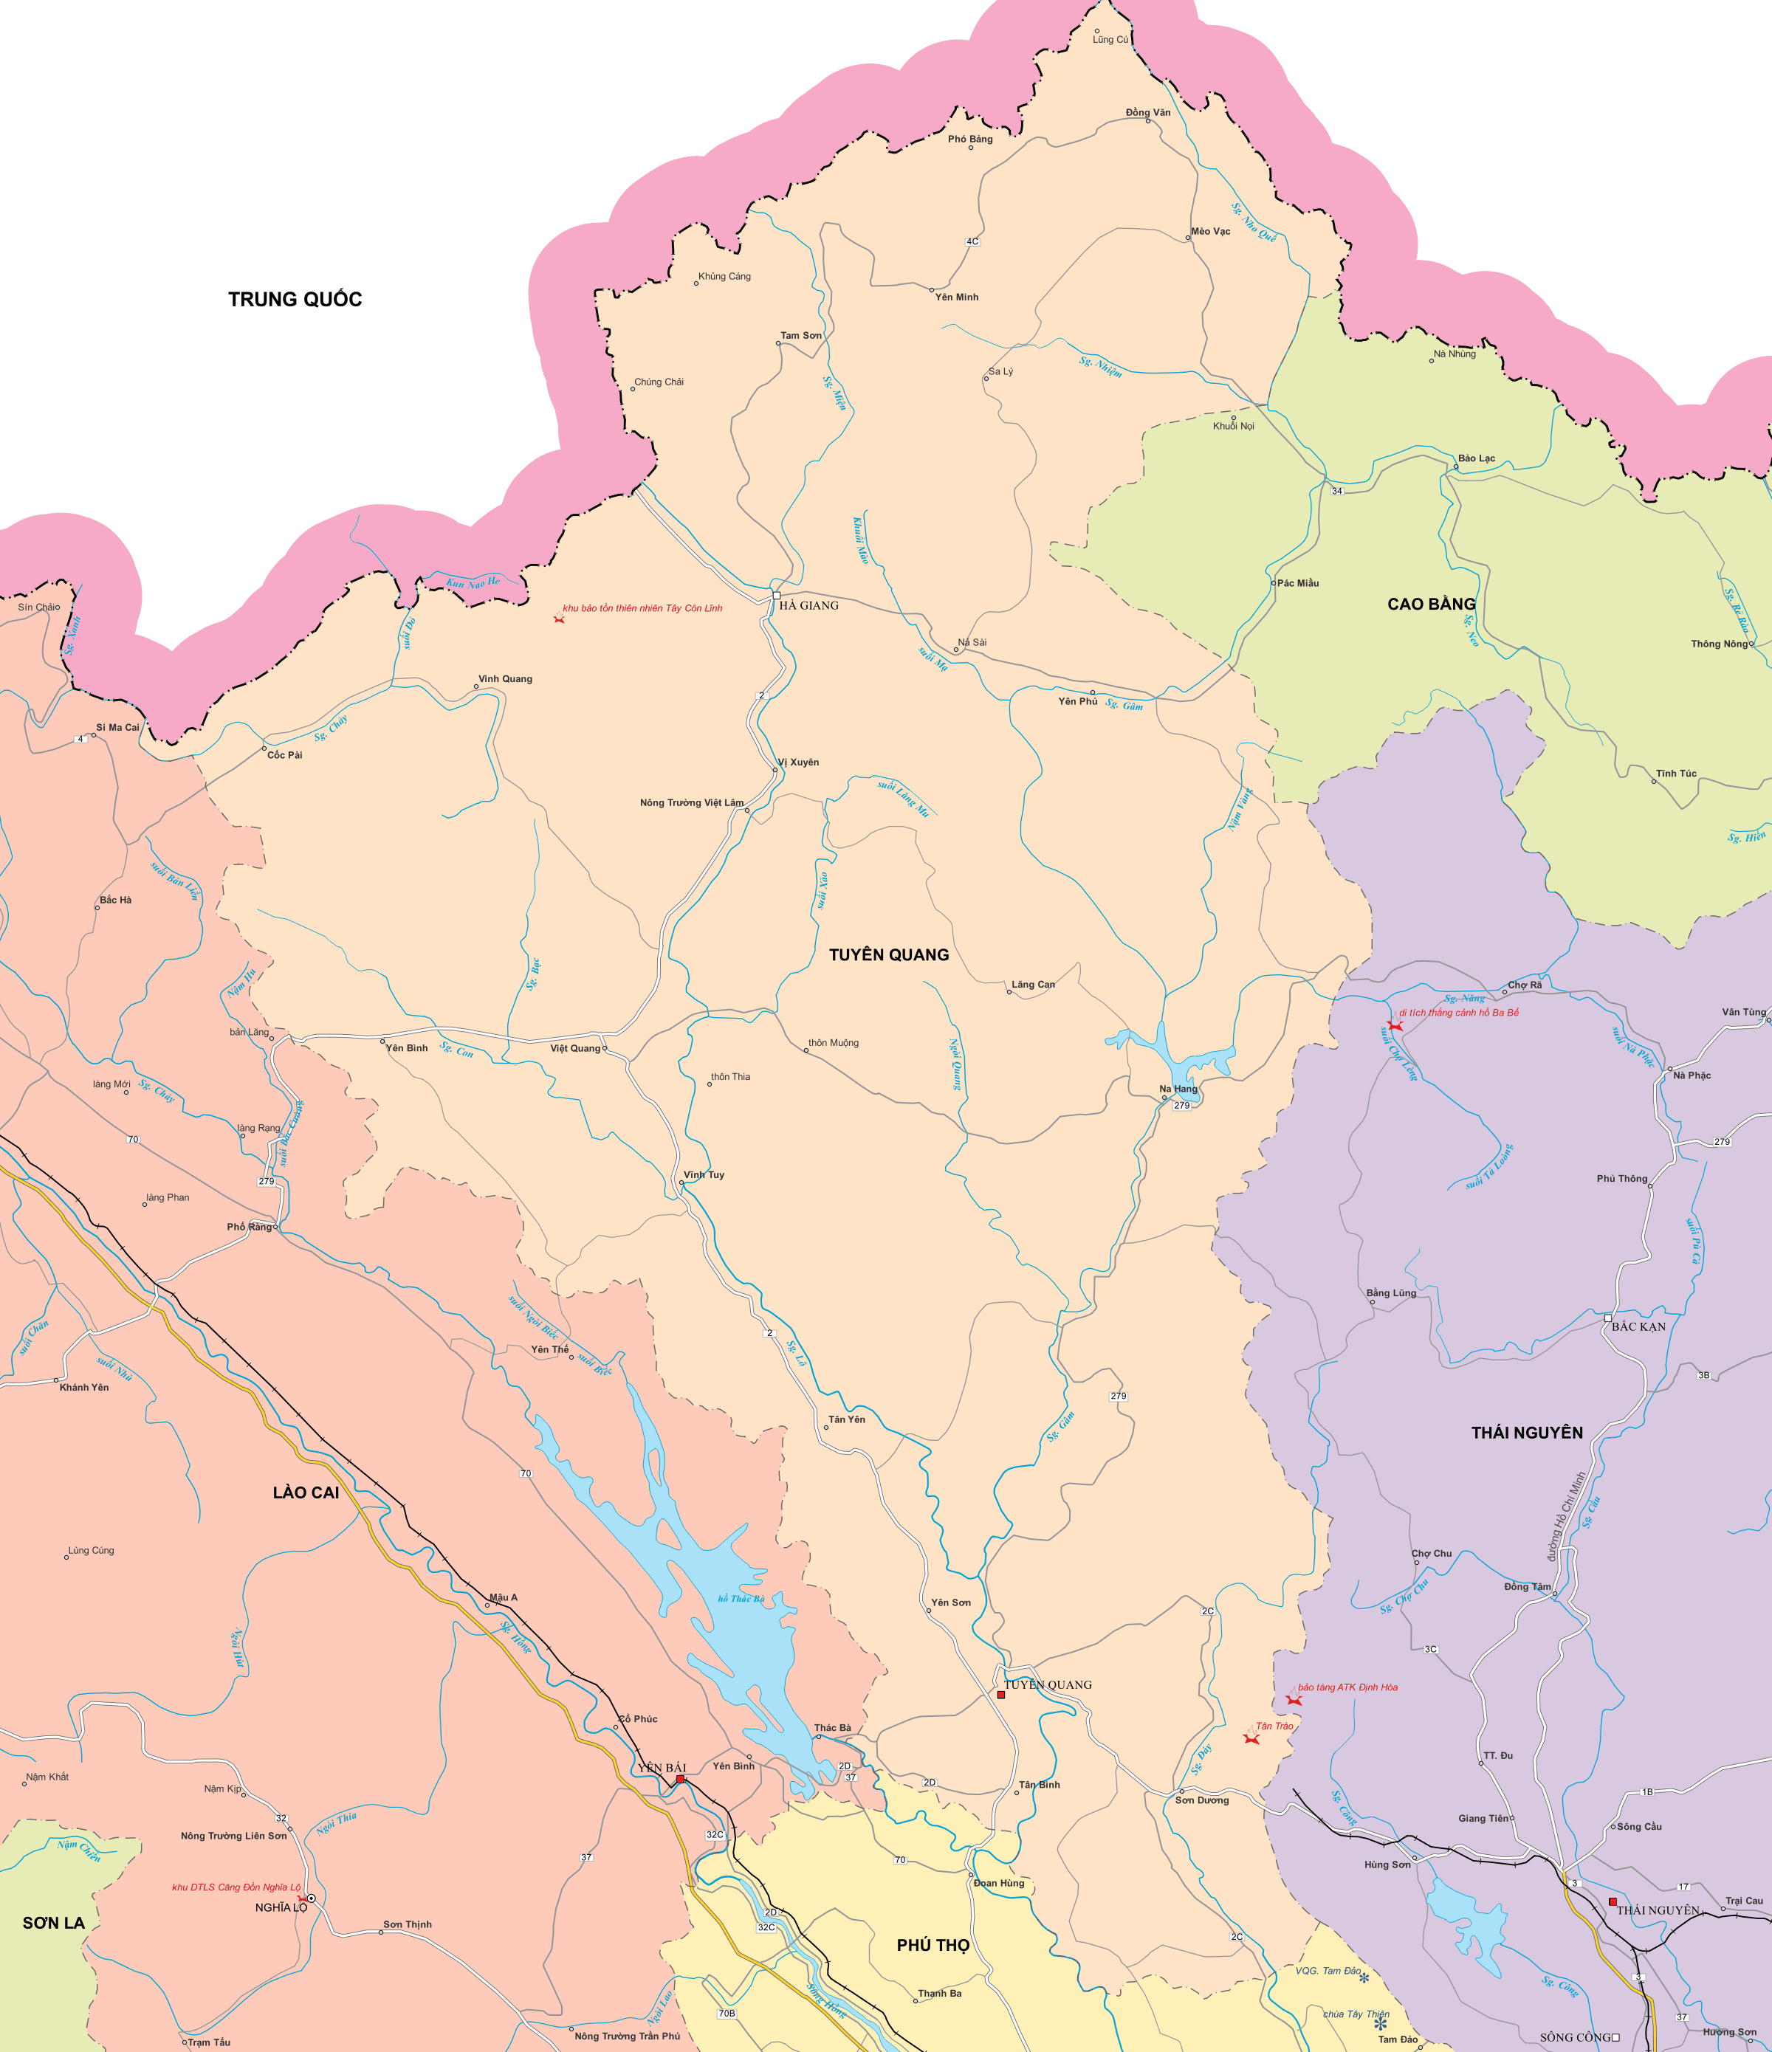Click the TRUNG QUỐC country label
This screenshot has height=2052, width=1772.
click(x=295, y=299)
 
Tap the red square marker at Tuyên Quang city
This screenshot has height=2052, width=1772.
click(x=1000, y=1695)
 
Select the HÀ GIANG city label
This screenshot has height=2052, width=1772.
click(x=808, y=605)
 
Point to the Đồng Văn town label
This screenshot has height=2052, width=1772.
click(x=1148, y=112)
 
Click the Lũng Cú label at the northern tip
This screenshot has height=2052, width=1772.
click(x=1110, y=40)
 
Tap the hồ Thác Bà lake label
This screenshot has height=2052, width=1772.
click(x=741, y=1599)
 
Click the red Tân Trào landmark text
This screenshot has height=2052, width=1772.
click(x=1275, y=1726)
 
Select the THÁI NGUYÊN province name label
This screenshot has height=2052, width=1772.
click(x=1526, y=1432)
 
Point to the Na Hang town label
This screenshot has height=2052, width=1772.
click(x=1178, y=1089)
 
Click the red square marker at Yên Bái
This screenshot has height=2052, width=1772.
click(x=681, y=1780)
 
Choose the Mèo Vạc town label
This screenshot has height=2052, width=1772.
click(x=1210, y=231)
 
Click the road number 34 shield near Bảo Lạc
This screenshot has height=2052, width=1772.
click(x=1336, y=491)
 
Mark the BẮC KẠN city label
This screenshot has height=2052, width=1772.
click(x=1638, y=1326)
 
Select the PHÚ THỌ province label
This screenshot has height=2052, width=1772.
click(x=933, y=1945)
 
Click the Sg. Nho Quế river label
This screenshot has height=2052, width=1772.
click(x=1253, y=222)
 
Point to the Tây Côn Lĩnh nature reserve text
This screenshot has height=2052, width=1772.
click(x=642, y=608)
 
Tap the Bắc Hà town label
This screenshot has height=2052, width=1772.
click(x=115, y=901)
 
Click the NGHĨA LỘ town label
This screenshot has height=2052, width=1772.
click(x=281, y=1907)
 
